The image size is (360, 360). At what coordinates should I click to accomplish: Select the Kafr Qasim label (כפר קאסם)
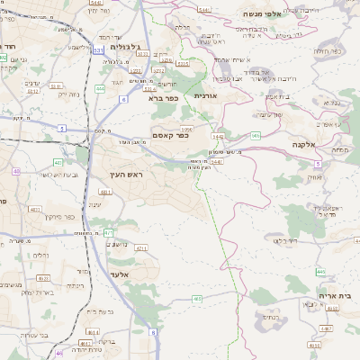pyautogui.click(x=169, y=136)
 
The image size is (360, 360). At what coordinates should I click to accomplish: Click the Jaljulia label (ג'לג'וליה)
pyautogui.click(x=121, y=46)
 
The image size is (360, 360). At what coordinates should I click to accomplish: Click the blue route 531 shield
pyautogui.click(x=97, y=51)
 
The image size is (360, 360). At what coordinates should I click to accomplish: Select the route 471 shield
pyautogui.click(x=108, y=232)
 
